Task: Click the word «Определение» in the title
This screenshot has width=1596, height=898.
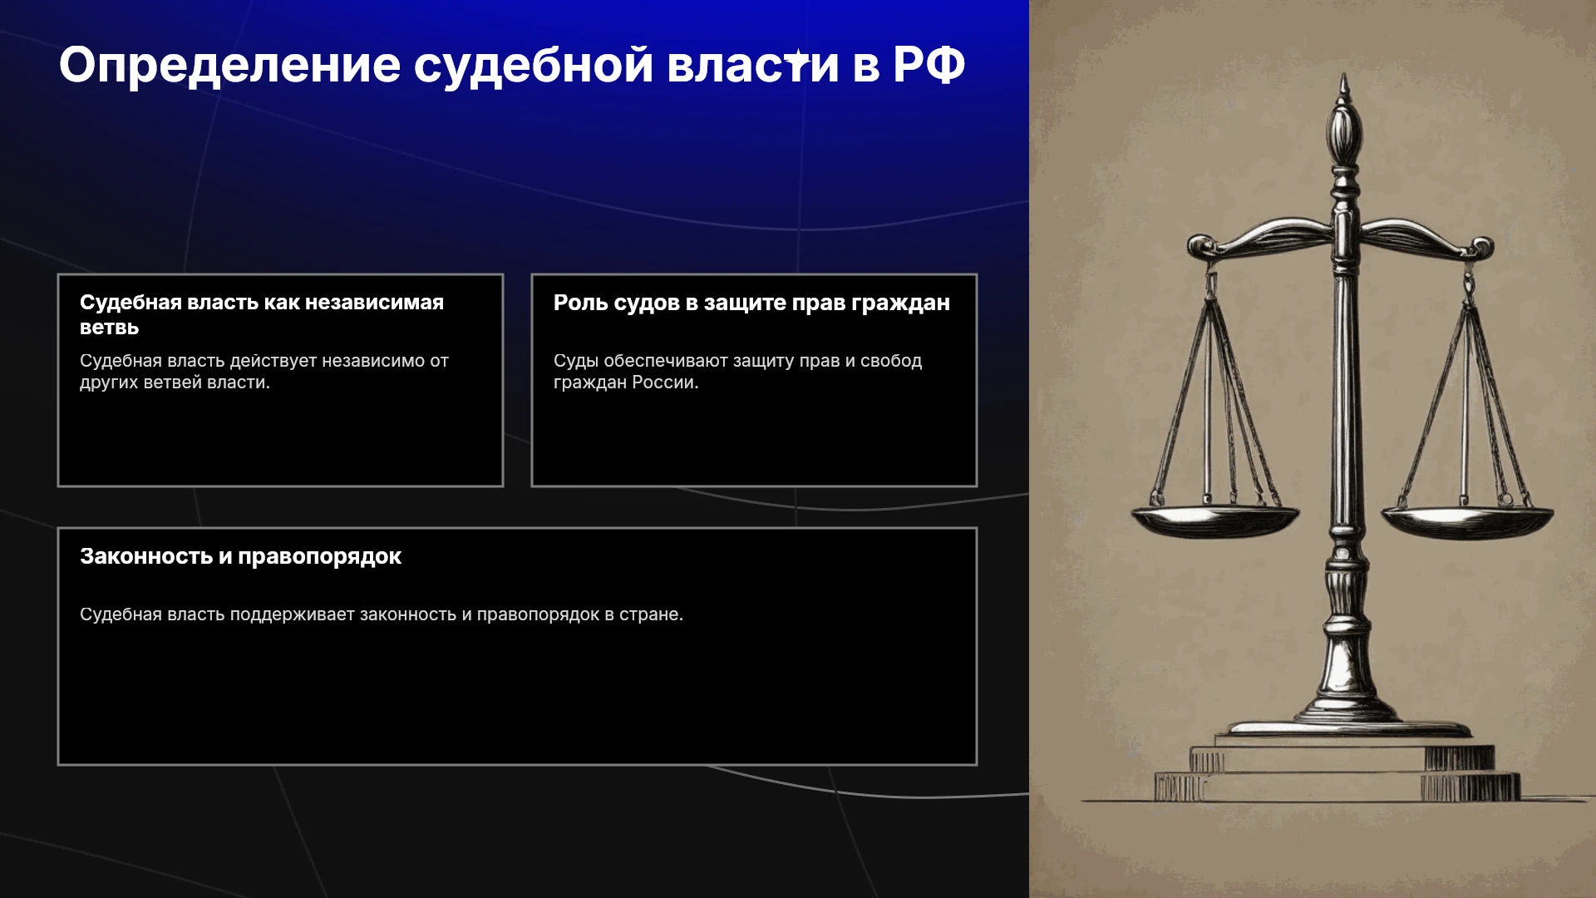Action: (230, 66)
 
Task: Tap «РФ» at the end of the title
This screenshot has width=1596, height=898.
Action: (929, 65)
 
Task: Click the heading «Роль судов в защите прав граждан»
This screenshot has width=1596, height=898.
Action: (751, 303)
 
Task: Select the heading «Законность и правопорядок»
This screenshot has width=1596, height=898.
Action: (240, 557)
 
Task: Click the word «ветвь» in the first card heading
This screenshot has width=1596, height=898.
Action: (110, 328)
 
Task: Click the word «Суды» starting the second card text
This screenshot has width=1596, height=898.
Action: (576, 362)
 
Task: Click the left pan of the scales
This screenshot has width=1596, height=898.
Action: (1214, 521)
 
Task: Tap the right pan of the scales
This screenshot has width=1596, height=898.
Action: (1467, 521)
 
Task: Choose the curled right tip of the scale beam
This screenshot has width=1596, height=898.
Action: (1481, 247)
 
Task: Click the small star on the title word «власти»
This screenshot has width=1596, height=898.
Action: (796, 59)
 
